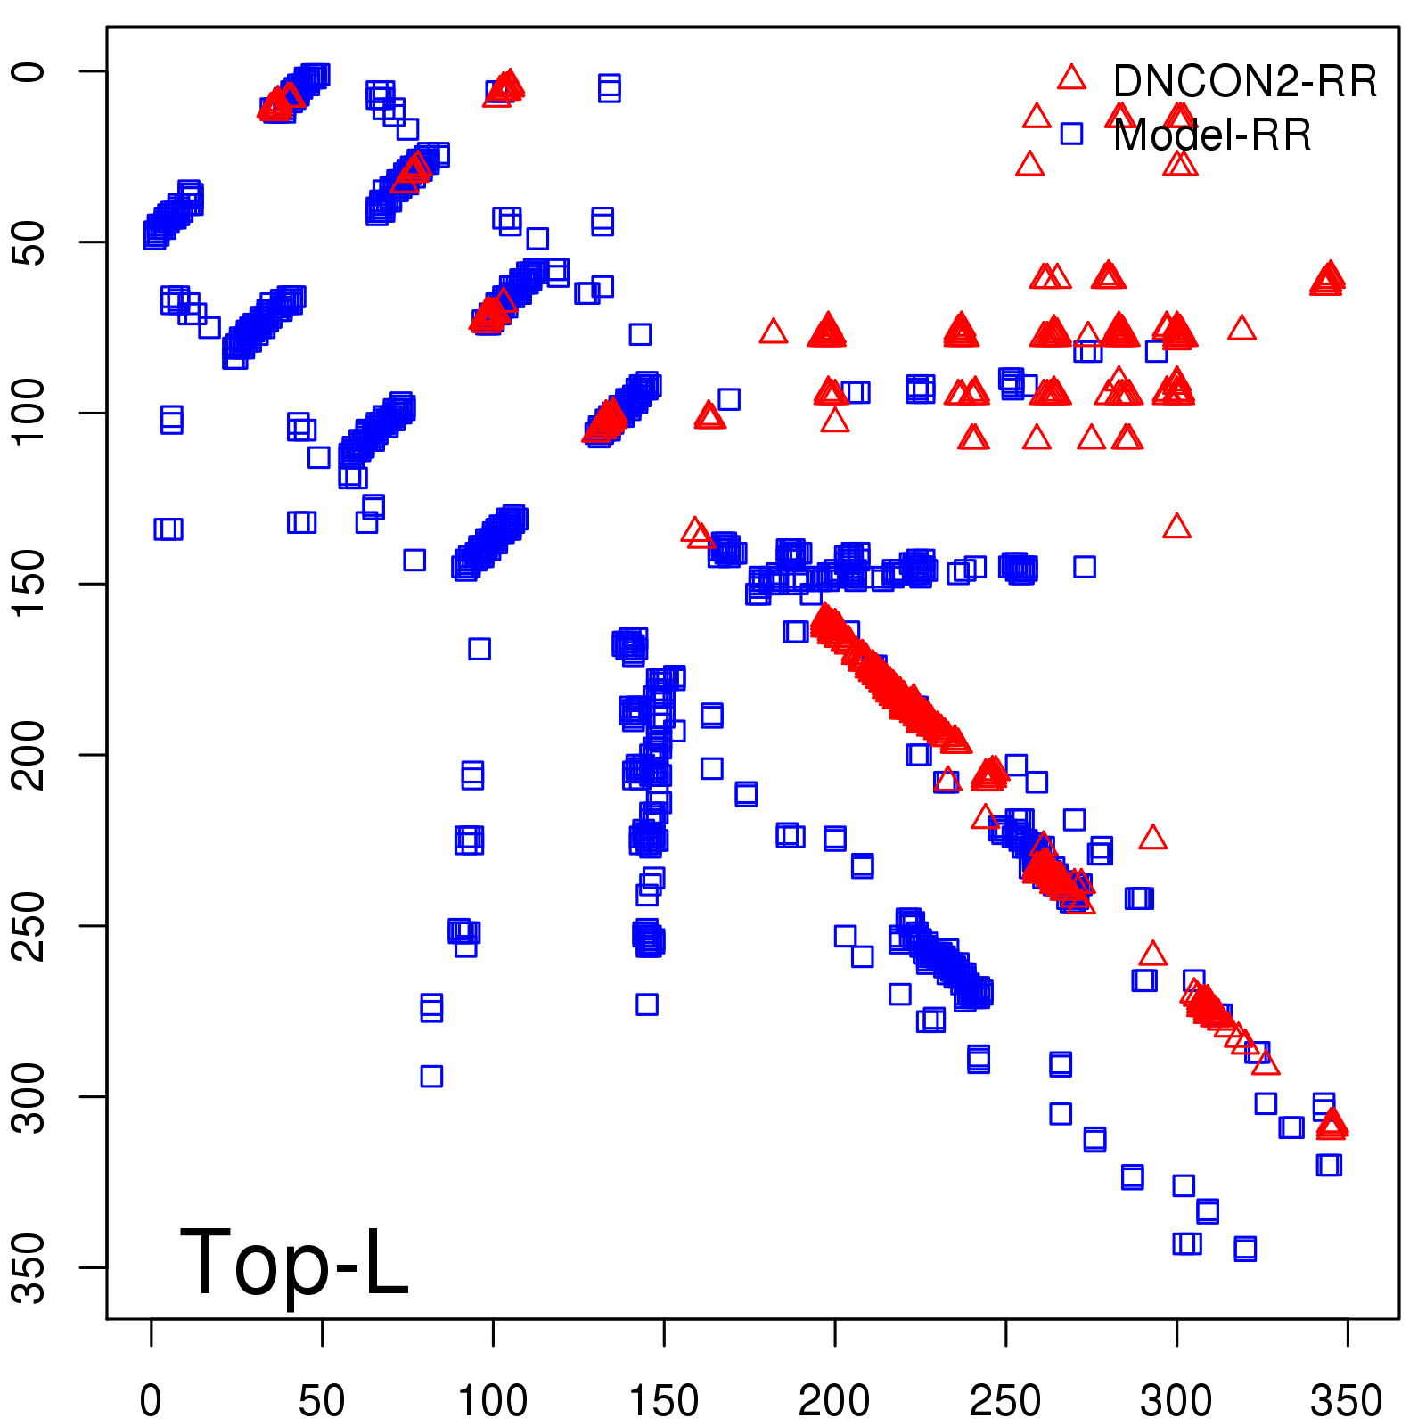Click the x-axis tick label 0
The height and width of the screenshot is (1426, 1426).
[x=151, y=1400]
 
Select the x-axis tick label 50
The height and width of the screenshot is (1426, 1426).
[x=322, y=1400]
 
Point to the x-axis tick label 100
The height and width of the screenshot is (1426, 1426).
[x=493, y=1400]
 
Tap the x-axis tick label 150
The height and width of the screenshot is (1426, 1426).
[x=664, y=1400]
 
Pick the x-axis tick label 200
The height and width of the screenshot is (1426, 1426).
[x=834, y=1400]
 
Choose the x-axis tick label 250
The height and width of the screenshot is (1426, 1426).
[x=1005, y=1400]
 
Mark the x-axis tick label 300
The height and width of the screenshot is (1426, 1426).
[x=1176, y=1400]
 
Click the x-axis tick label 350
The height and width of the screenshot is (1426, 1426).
[x=1347, y=1400]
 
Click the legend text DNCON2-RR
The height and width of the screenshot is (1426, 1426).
[x=1245, y=81]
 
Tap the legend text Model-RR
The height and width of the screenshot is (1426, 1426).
[x=1212, y=135]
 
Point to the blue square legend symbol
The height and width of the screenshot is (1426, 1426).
[x=1071, y=135]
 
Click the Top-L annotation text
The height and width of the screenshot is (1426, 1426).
[x=294, y=1262]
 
